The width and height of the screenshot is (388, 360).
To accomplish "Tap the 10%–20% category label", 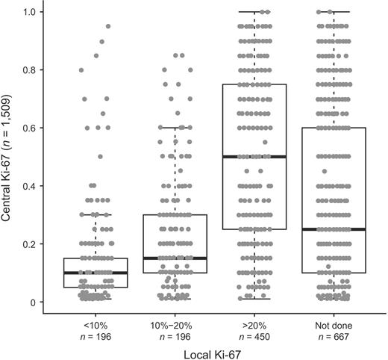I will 175,326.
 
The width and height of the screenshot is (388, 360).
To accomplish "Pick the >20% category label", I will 254,326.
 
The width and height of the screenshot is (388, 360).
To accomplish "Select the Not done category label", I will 334,326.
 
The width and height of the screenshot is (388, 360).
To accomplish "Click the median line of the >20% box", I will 254,157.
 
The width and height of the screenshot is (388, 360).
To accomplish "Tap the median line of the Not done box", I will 334,229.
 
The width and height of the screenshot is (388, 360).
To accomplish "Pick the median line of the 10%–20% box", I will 175,258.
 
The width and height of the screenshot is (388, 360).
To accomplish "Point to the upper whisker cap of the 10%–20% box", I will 175,128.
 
